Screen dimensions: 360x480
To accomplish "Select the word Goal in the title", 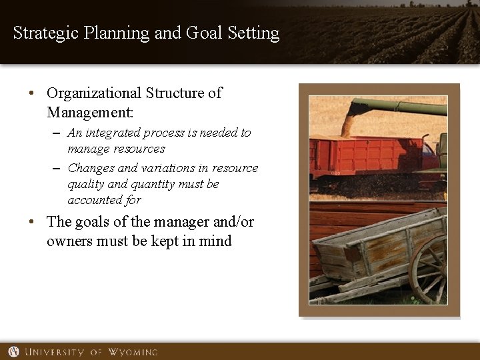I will point(210,33).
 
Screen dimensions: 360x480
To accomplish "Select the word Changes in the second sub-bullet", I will point(91,168).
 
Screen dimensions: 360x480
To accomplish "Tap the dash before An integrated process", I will point(57,133).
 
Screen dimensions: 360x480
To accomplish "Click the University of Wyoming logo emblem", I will point(13,351).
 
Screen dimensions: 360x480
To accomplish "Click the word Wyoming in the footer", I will point(133,351).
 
